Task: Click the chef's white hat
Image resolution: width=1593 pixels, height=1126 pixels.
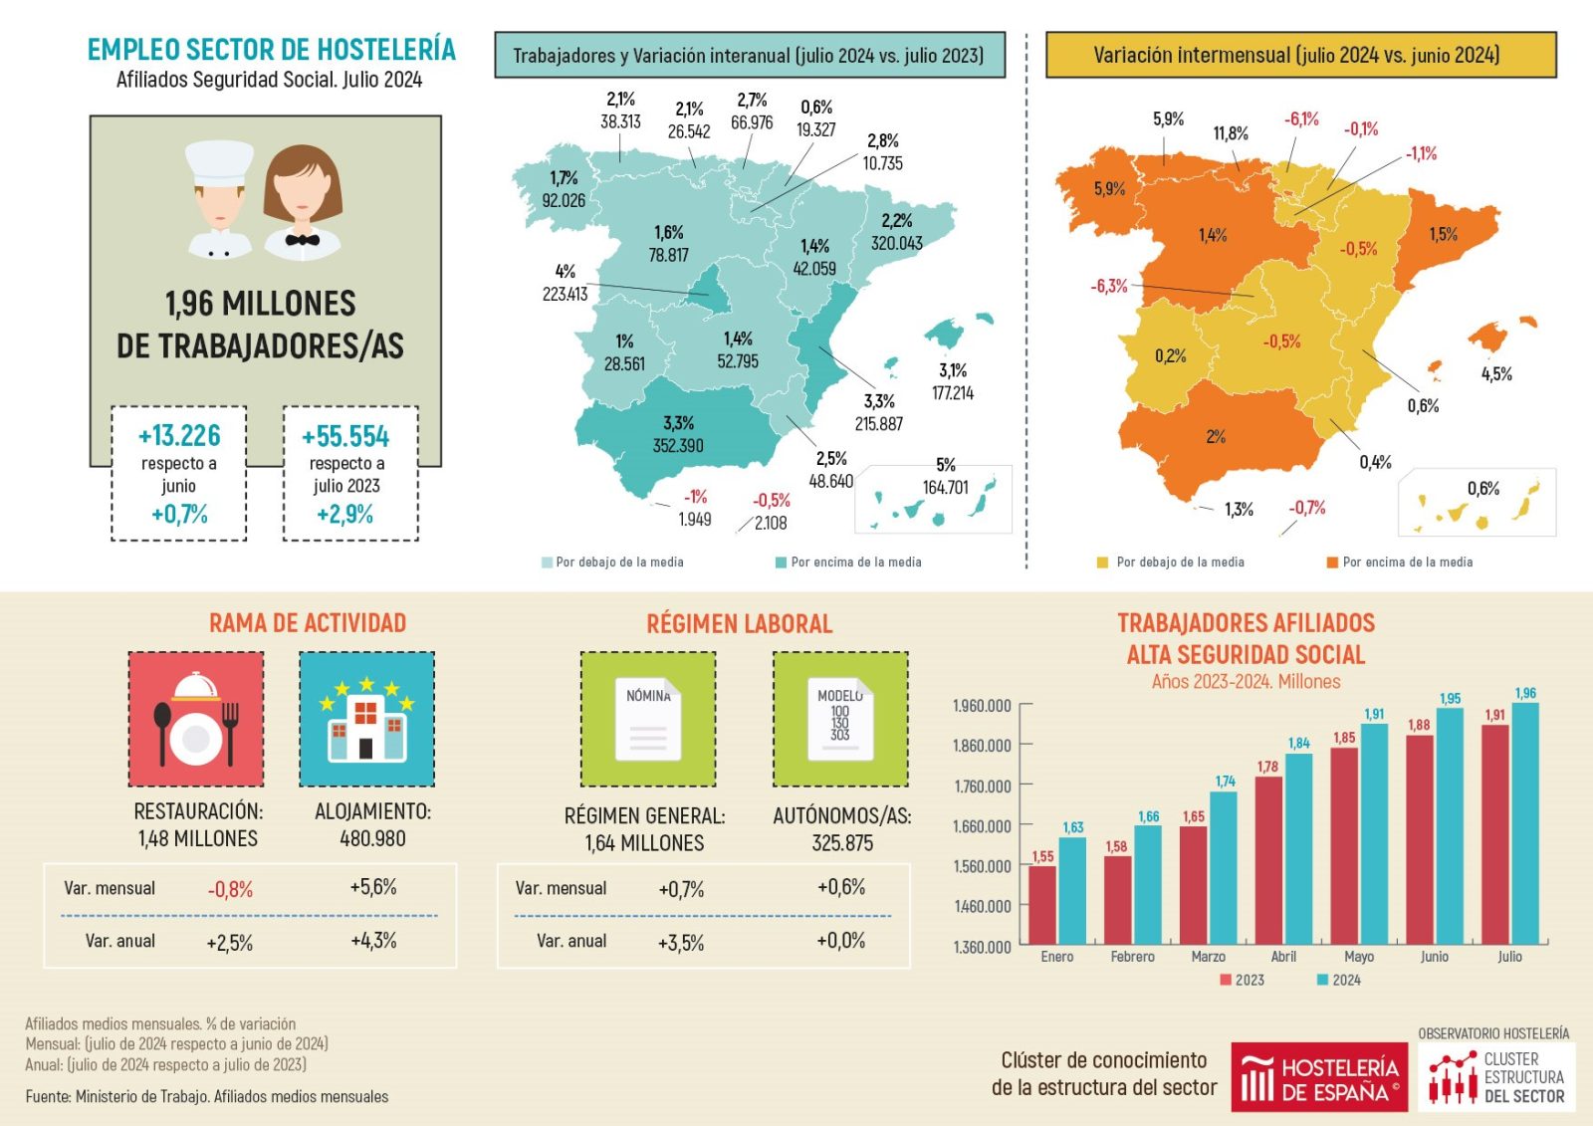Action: click(x=220, y=162)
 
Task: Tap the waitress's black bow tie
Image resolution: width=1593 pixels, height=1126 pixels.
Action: click(x=302, y=240)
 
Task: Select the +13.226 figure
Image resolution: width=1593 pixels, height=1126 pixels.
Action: click(x=179, y=436)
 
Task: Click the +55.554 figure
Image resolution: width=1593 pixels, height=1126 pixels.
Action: click(x=345, y=437)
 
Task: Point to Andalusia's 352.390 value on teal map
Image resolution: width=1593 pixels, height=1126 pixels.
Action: click(x=678, y=446)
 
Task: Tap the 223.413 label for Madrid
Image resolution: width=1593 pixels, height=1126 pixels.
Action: click(x=565, y=294)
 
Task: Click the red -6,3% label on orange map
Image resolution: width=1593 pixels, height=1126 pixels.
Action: click(x=1109, y=287)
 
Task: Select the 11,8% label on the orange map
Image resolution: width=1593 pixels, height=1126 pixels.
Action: click(x=1231, y=133)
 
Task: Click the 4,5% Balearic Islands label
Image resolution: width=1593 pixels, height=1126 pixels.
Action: click(x=1496, y=374)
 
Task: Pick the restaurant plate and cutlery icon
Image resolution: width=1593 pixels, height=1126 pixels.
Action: click(x=196, y=719)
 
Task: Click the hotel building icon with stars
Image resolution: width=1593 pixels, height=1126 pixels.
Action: click(x=366, y=719)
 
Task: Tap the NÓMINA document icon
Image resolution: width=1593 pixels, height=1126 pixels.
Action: click(x=648, y=719)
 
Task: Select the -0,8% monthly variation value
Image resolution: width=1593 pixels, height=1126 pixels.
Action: click(x=230, y=889)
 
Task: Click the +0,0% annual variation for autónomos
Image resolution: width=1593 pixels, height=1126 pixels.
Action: click(x=841, y=941)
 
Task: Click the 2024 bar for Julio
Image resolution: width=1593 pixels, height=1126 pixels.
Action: click(x=1524, y=823)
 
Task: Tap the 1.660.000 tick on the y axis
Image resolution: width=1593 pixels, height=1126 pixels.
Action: click(x=982, y=826)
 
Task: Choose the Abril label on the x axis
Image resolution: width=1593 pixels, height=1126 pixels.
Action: click(x=1283, y=957)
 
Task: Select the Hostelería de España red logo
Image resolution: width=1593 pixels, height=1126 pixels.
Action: click(x=1319, y=1077)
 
